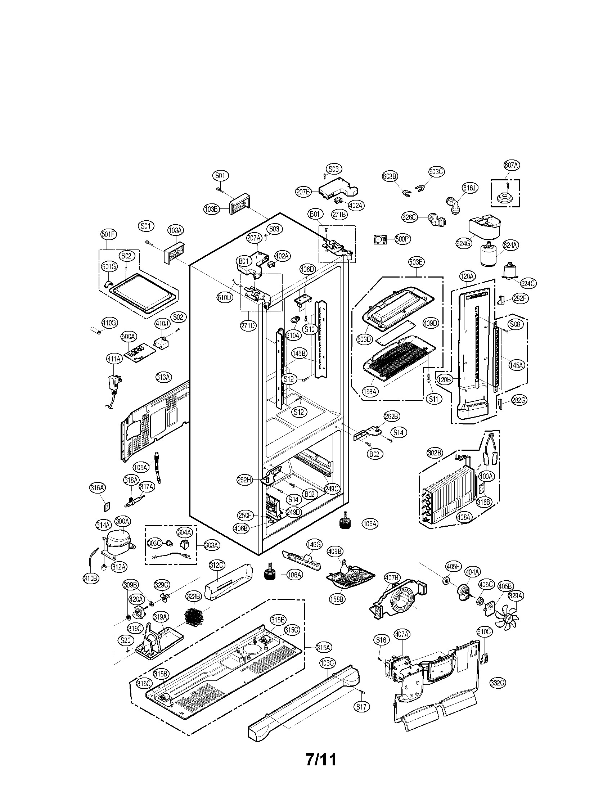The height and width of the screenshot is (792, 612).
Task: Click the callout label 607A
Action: pyautogui.click(x=511, y=165)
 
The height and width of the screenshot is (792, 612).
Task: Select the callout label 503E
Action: pyautogui.click(x=416, y=262)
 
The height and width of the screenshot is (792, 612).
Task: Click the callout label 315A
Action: pyautogui.click(x=323, y=647)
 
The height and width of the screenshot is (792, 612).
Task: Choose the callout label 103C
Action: pyautogui.click(x=327, y=663)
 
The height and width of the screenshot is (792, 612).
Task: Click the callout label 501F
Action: pyautogui.click(x=108, y=235)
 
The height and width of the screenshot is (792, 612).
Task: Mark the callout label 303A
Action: pyautogui.click(x=211, y=555)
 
